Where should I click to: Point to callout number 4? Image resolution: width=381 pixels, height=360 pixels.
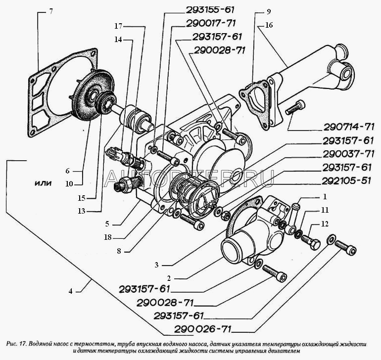(71, 291)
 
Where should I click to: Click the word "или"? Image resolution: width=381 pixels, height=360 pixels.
(44, 182)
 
